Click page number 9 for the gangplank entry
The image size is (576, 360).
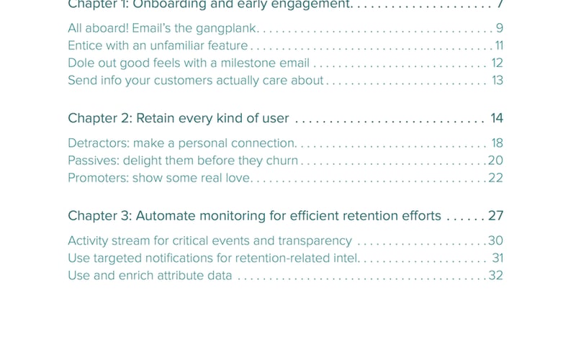(x=499, y=29)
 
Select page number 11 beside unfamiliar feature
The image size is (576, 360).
(x=498, y=46)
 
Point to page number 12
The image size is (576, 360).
(x=497, y=63)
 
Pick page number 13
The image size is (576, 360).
(x=497, y=81)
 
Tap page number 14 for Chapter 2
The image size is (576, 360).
(x=496, y=118)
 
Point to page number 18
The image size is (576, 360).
(x=497, y=143)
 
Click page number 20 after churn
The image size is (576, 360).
(x=495, y=161)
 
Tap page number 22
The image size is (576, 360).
(x=495, y=178)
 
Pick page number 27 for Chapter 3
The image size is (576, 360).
(x=495, y=216)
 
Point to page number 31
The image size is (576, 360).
(x=497, y=258)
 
